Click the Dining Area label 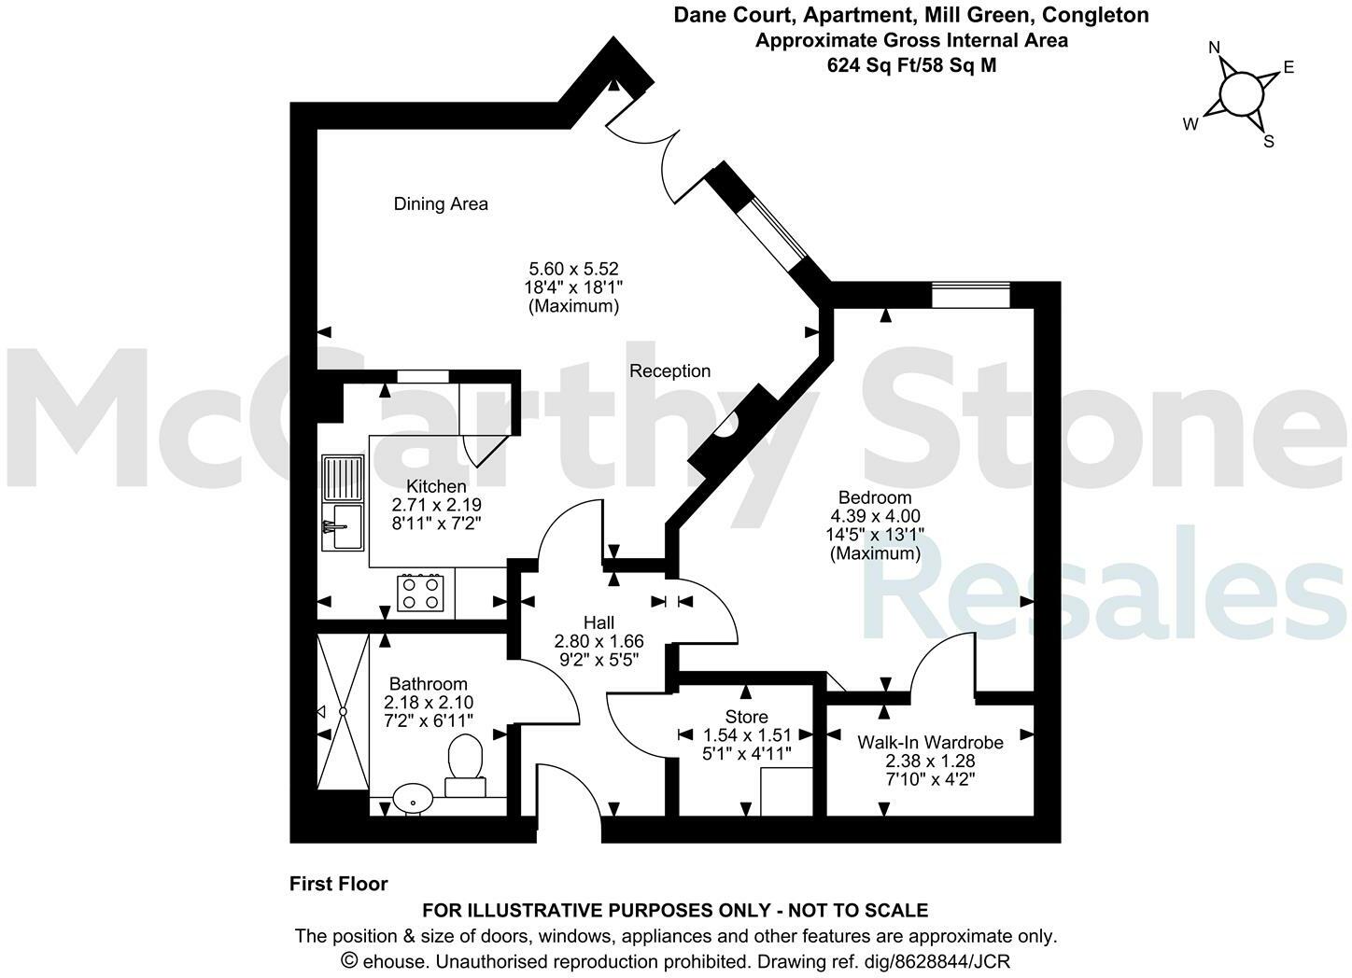coord(441,203)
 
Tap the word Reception coord(669,370)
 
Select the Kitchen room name coord(436,486)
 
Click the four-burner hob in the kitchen coord(420,593)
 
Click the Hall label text coord(599,622)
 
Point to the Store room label coord(746,717)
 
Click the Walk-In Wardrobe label coord(930,742)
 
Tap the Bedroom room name coord(875,496)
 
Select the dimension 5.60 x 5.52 coord(572,269)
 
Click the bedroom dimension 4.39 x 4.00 coord(875,515)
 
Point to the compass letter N coord(1214,48)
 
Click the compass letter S coord(1268,142)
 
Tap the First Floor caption coord(338,884)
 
